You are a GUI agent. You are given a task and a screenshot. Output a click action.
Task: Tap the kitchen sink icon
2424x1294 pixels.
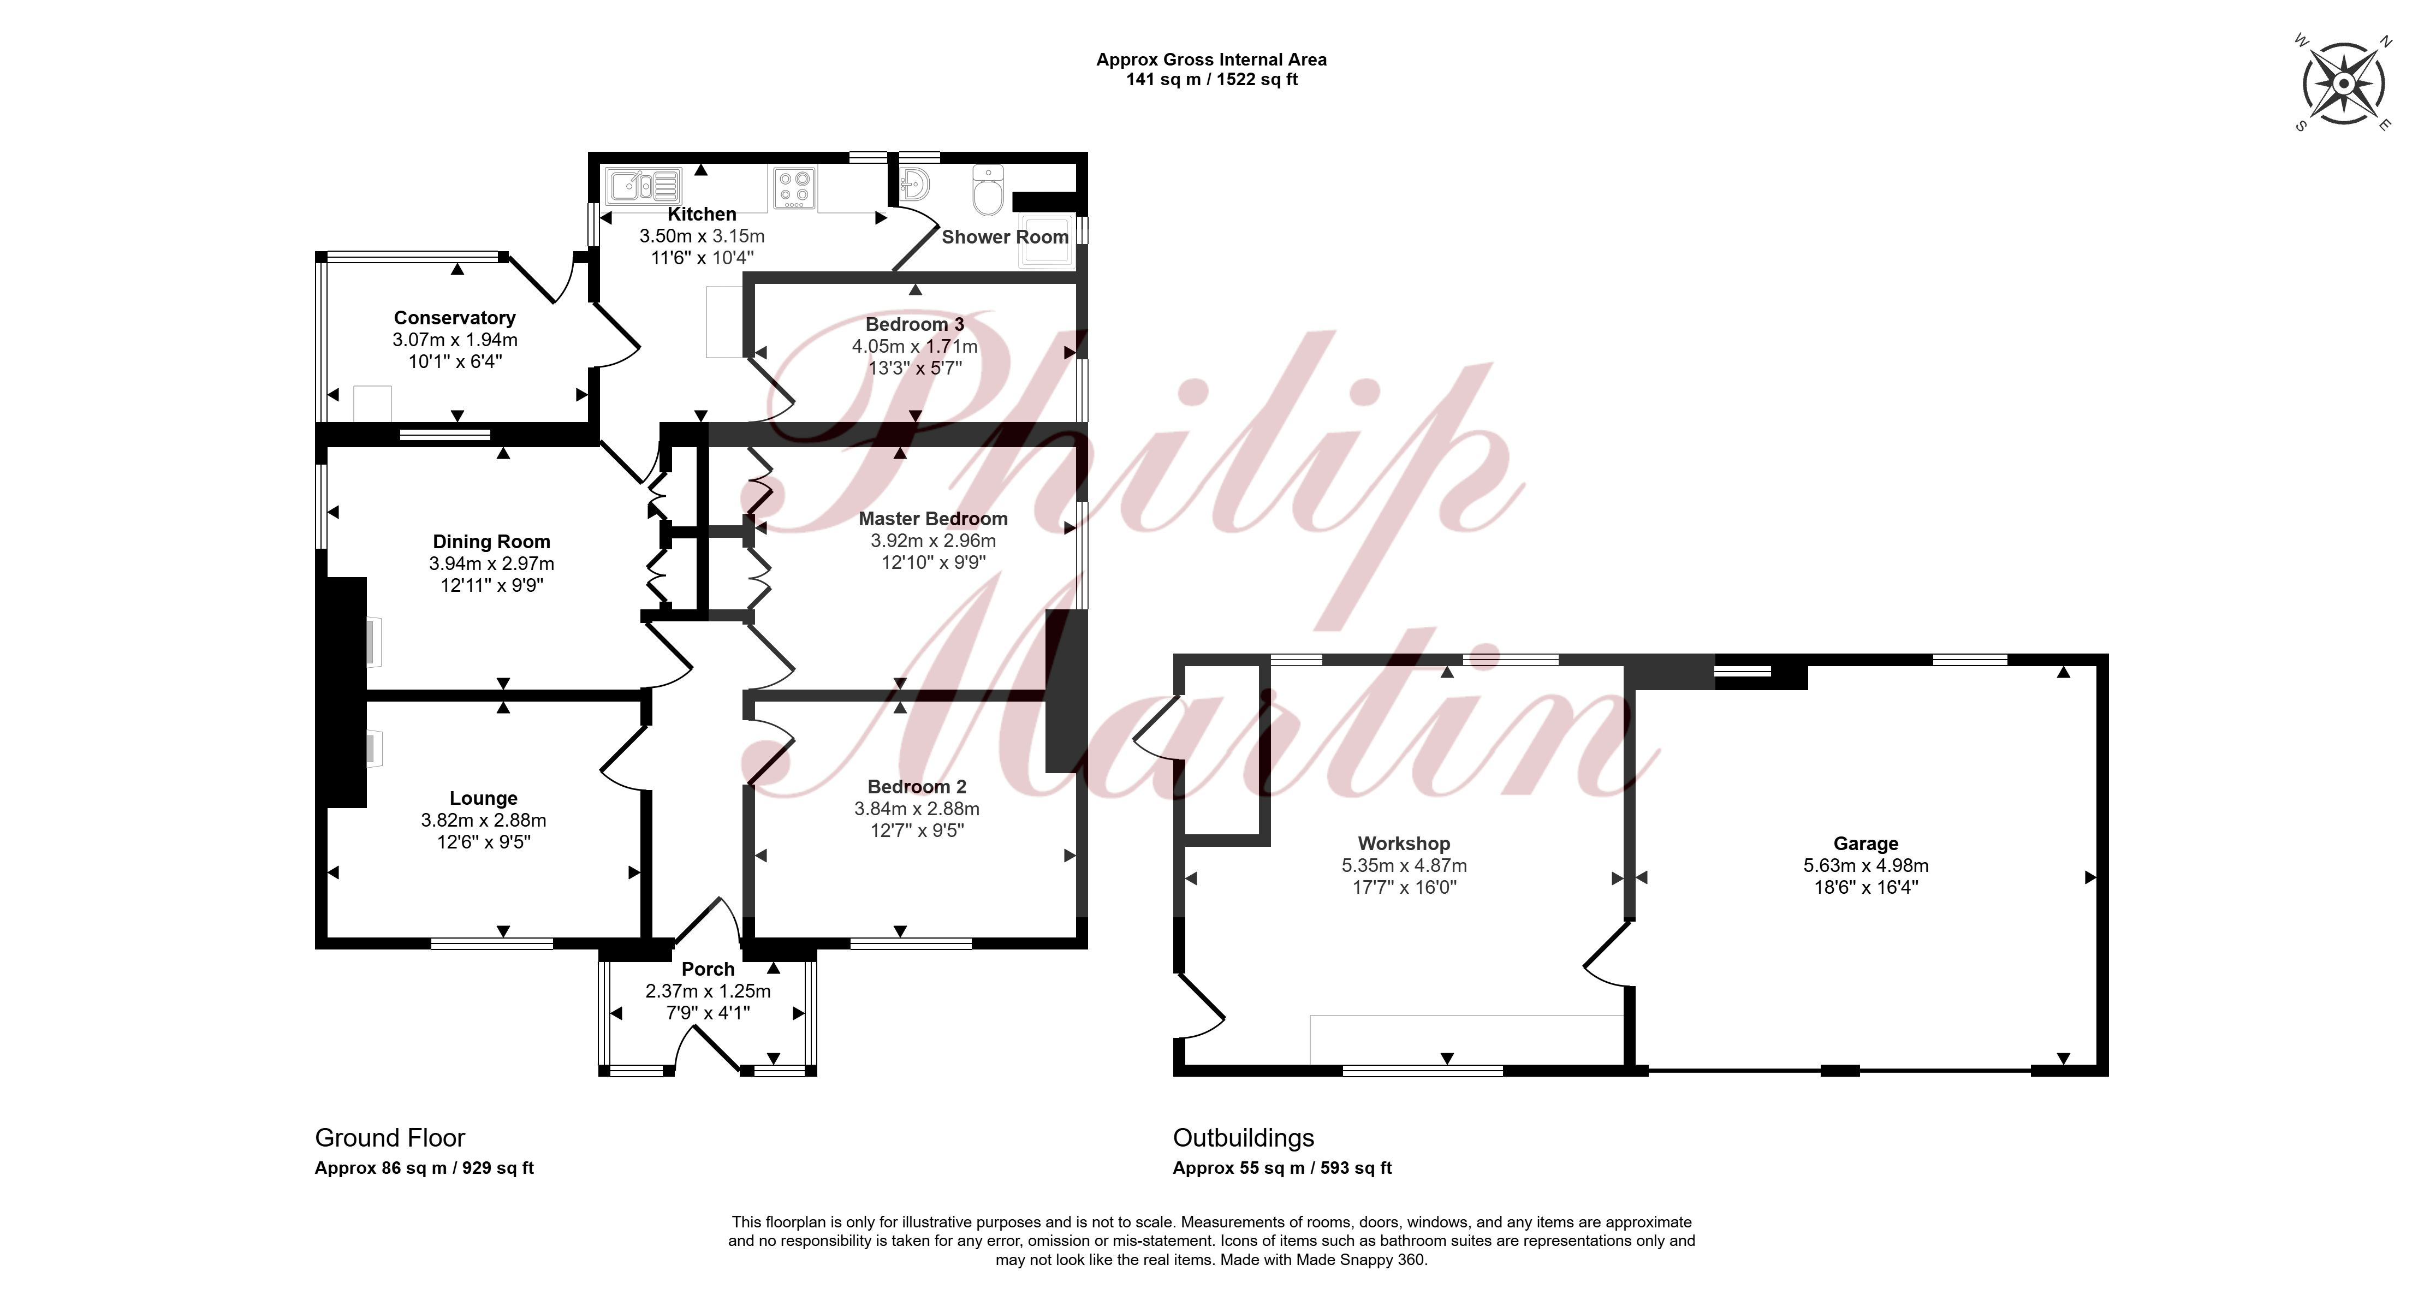click(x=644, y=186)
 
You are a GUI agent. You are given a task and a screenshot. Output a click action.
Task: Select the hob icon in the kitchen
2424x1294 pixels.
click(x=795, y=186)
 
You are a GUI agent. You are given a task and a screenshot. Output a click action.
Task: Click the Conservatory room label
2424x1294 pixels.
click(x=454, y=318)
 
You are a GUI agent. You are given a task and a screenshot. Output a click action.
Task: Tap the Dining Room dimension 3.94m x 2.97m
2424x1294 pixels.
click(x=492, y=563)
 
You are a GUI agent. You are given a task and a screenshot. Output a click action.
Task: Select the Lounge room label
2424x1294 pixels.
click(x=484, y=798)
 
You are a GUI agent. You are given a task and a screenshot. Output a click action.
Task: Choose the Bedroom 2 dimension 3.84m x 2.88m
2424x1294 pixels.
click(x=917, y=809)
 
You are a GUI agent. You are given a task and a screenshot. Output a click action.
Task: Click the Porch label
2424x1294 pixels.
click(x=708, y=969)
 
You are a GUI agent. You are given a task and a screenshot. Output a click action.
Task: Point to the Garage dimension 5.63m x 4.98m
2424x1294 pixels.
click(x=1866, y=866)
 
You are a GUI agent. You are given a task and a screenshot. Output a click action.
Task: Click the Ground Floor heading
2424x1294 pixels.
click(x=390, y=1138)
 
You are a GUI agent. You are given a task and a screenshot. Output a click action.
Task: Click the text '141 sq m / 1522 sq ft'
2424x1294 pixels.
click(x=1212, y=80)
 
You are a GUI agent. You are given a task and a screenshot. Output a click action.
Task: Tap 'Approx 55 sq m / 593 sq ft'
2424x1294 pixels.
click(x=1282, y=1168)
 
